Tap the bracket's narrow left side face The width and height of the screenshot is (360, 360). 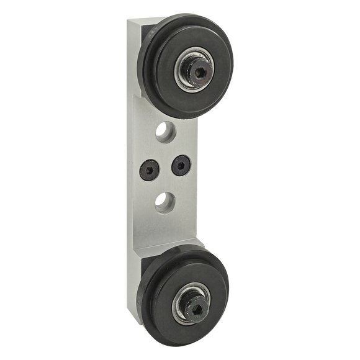(x=128, y=186)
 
